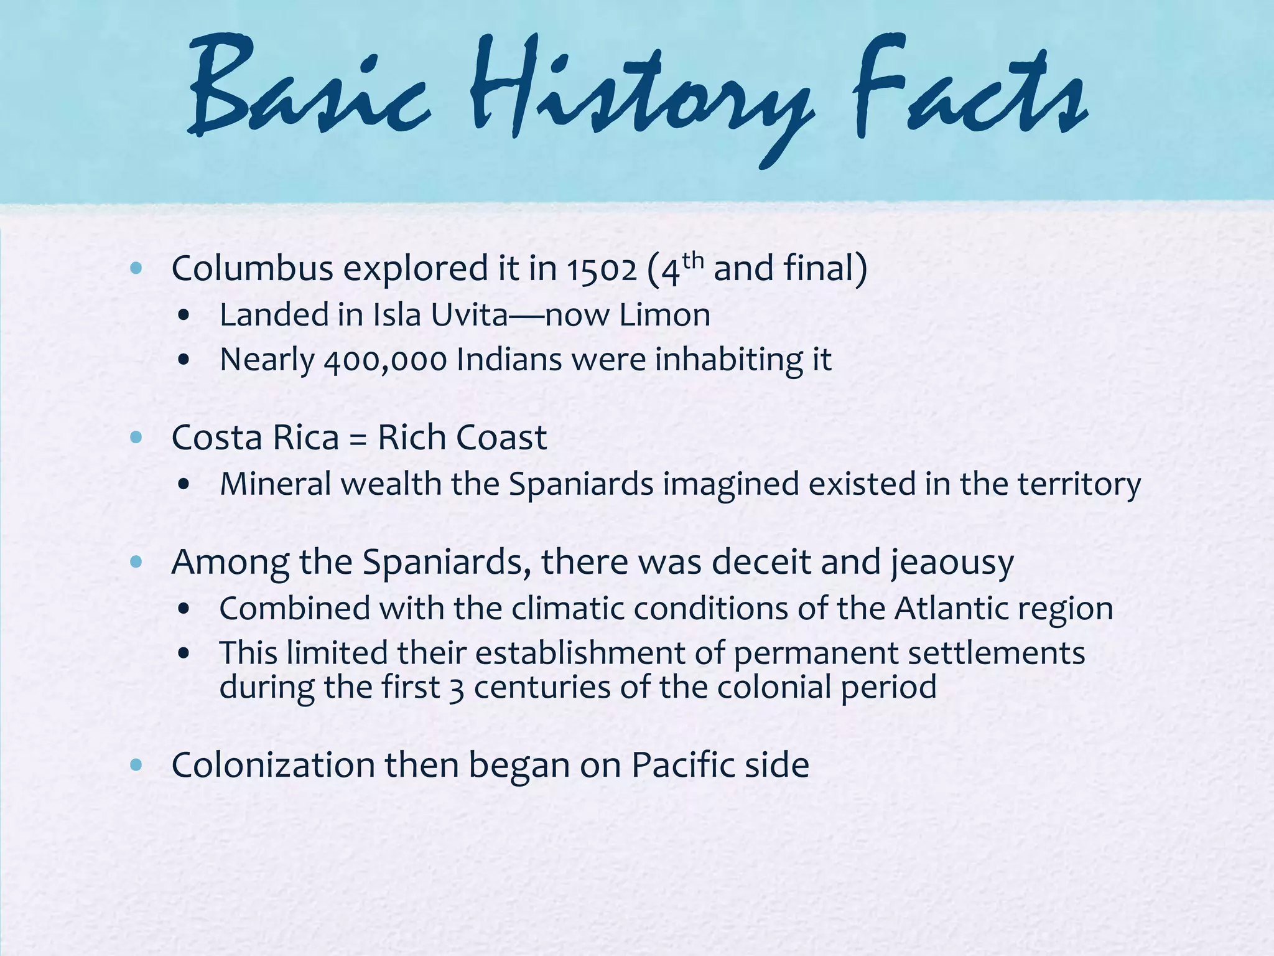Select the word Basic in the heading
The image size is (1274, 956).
pos(308,93)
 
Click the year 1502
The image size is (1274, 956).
pos(601,269)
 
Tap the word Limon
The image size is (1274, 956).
pos(664,315)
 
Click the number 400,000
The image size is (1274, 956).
pos(385,360)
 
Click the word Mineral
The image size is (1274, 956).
pos(276,484)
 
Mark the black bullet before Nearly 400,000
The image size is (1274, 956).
pos(183,360)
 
